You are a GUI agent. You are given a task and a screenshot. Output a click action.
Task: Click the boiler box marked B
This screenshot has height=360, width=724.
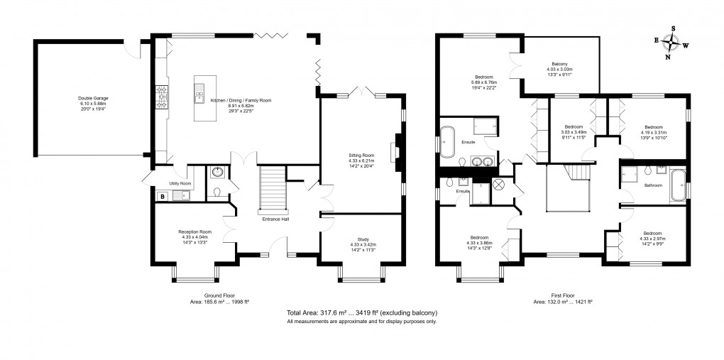coord(163,196)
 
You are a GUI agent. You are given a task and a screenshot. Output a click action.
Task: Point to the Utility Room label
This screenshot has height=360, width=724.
coord(181,183)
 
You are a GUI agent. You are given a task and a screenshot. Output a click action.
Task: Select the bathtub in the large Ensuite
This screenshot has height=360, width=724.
coord(447,141)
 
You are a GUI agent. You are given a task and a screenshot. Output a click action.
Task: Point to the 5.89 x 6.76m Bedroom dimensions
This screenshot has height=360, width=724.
coord(486,82)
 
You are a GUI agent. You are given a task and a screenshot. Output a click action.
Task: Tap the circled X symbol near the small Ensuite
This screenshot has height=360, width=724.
coord(498,185)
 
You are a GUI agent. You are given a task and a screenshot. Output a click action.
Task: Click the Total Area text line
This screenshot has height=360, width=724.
coord(361,312)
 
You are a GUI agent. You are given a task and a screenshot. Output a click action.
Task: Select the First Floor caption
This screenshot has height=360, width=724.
coord(563,295)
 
